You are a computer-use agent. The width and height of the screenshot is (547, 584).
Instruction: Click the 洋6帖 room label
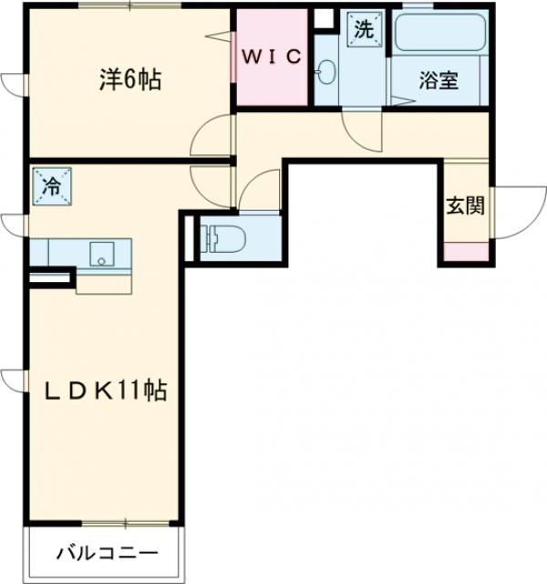point(129,80)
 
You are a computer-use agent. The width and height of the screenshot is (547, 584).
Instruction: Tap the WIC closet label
point(271,56)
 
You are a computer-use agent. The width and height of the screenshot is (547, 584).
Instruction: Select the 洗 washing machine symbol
point(363,28)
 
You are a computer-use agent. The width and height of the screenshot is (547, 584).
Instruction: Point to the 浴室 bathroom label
point(438,81)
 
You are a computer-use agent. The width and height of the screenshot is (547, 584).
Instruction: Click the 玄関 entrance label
point(464,204)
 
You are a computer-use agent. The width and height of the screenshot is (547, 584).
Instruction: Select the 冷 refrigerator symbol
point(50,187)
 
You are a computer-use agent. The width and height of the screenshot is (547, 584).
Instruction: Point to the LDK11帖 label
point(107,391)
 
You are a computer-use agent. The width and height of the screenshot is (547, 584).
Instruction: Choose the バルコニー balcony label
point(108,553)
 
